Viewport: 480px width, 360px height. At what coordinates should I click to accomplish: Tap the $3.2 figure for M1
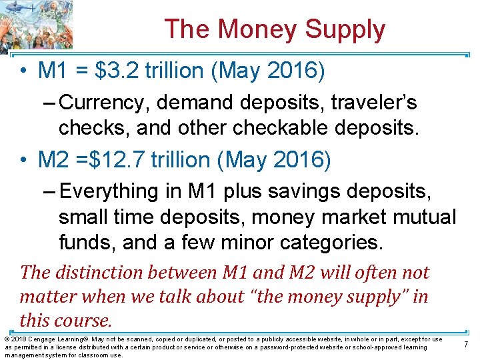pos(119,71)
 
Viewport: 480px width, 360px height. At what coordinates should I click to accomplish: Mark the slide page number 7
pos(466,344)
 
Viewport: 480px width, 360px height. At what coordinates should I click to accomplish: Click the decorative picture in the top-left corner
pos(36,25)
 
